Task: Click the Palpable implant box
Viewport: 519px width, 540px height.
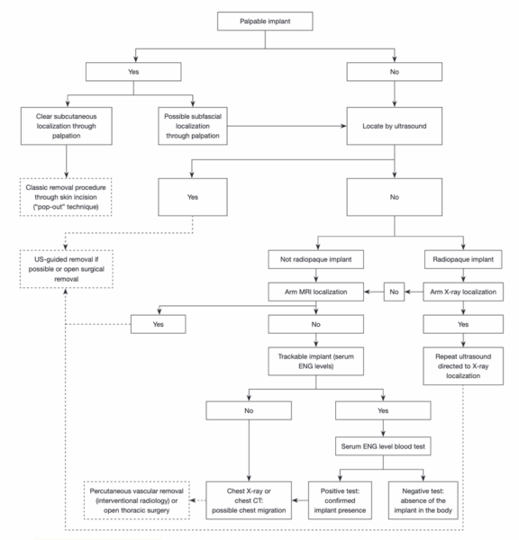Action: pyautogui.click(x=265, y=22)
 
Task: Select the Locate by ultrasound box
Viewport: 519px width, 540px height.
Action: pyautogui.click(x=394, y=126)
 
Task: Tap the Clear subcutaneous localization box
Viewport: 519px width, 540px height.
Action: pyautogui.click(x=66, y=126)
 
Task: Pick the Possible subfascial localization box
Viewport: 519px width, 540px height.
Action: pyautogui.click(x=193, y=126)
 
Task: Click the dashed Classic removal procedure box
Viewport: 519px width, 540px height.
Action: pyautogui.click(x=66, y=197)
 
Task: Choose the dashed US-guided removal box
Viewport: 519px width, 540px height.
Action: pyautogui.click(x=66, y=269)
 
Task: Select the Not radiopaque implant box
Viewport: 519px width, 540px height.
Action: pyautogui.click(x=315, y=259)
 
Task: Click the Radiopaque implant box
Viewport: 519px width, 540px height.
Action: pyautogui.click(x=463, y=259)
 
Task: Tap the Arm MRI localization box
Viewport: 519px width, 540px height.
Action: pyautogui.click(x=315, y=292)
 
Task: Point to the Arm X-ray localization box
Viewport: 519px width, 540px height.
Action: pyautogui.click(x=463, y=292)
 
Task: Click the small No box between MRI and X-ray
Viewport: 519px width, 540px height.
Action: pyautogui.click(x=394, y=292)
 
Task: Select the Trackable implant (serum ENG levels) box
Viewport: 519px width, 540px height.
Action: pyautogui.click(x=315, y=361)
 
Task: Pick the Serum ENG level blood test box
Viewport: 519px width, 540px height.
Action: pyautogui.click(x=383, y=446)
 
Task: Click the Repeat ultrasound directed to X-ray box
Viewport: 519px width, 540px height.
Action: pyautogui.click(x=463, y=365)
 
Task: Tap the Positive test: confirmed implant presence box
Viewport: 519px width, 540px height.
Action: pyautogui.click(x=340, y=500)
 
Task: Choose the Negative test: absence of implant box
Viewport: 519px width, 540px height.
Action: pyautogui.click(x=423, y=500)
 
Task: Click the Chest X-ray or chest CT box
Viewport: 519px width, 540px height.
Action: pyautogui.click(x=249, y=500)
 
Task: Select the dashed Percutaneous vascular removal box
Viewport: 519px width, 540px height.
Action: pyautogui.click(x=137, y=500)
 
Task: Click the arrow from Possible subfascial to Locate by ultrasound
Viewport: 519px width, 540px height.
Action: pyautogui.click(x=287, y=126)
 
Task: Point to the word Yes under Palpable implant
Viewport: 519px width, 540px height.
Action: pyautogui.click(x=133, y=72)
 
